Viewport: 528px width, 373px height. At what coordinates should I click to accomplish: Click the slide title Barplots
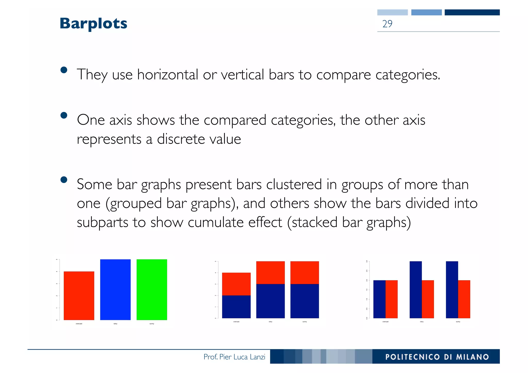93,23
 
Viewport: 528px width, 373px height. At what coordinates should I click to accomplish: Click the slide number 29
387,24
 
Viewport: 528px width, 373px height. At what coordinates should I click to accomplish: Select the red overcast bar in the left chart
79,296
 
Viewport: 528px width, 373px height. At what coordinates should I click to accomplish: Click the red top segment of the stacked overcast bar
236,284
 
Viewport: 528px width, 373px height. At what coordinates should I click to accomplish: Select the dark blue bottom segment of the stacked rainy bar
270,301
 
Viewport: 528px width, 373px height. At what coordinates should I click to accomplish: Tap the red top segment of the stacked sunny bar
304,272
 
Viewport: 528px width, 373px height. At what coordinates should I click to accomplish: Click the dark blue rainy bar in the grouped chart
416,290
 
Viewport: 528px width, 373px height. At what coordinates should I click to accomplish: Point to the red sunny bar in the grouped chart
464,299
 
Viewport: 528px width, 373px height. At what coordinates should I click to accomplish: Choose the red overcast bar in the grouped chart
391,299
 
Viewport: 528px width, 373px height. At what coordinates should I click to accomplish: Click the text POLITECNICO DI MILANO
437,357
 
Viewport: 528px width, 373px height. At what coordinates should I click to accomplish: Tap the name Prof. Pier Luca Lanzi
234,357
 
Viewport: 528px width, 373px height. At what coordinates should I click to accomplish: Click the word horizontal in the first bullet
168,75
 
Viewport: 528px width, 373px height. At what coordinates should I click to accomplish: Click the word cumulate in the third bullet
216,222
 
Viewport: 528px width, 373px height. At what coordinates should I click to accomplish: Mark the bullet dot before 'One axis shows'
64,115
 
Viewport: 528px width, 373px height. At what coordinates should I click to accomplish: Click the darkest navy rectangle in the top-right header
472,12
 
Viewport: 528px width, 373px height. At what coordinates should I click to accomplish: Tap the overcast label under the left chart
79,324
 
